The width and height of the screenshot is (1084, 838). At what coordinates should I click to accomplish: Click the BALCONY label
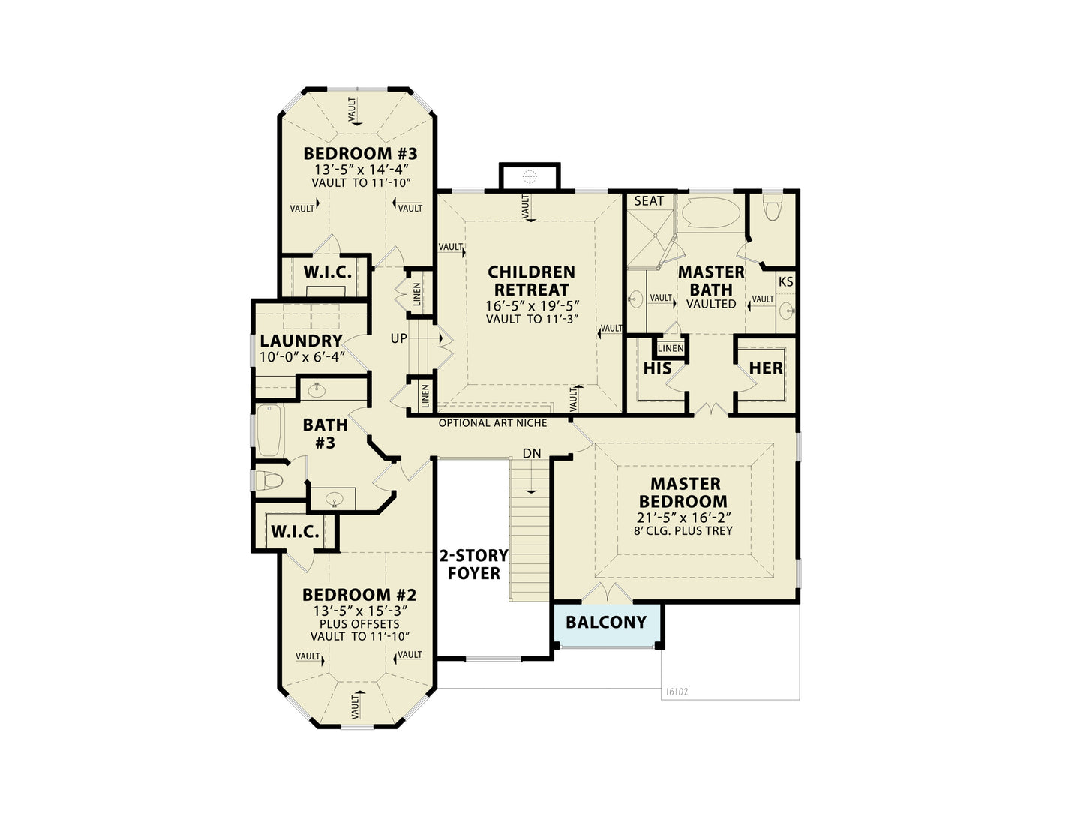(x=606, y=622)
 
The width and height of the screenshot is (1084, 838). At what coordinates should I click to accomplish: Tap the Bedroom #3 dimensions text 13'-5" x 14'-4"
(x=361, y=169)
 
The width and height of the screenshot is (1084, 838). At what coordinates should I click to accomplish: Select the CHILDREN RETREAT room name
(x=531, y=281)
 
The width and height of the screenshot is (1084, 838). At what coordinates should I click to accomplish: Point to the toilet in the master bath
(x=772, y=206)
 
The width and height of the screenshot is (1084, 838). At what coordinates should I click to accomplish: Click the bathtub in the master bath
(x=711, y=213)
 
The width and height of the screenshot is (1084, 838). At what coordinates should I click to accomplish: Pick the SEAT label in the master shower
(x=649, y=200)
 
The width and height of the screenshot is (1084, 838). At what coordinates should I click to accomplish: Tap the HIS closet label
(x=657, y=368)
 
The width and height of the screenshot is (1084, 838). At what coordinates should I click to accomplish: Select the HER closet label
(x=766, y=368)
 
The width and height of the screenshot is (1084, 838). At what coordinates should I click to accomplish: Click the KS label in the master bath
(x=785, y=282)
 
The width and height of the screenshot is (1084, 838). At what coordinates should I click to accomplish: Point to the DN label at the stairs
(x=532, y=453)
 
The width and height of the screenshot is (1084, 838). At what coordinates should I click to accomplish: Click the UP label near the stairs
(x=398, y=338)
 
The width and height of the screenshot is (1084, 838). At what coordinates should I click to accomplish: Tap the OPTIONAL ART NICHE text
(x=493, y=423)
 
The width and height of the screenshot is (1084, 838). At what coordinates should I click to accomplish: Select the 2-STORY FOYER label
(x=473, y=565)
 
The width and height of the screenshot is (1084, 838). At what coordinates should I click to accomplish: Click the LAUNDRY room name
(x=302, y=341)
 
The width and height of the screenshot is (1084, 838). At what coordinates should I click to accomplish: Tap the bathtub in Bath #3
(x=270, y=431)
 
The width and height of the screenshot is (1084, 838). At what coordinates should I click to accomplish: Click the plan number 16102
(x=677, y=692)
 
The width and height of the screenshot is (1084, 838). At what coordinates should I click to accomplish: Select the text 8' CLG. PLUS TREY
(x=683, y=530)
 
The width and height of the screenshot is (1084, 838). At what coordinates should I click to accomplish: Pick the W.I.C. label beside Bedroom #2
(x=295, y=532)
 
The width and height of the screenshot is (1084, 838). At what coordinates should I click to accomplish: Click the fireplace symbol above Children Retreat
(x=530, y=176)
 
